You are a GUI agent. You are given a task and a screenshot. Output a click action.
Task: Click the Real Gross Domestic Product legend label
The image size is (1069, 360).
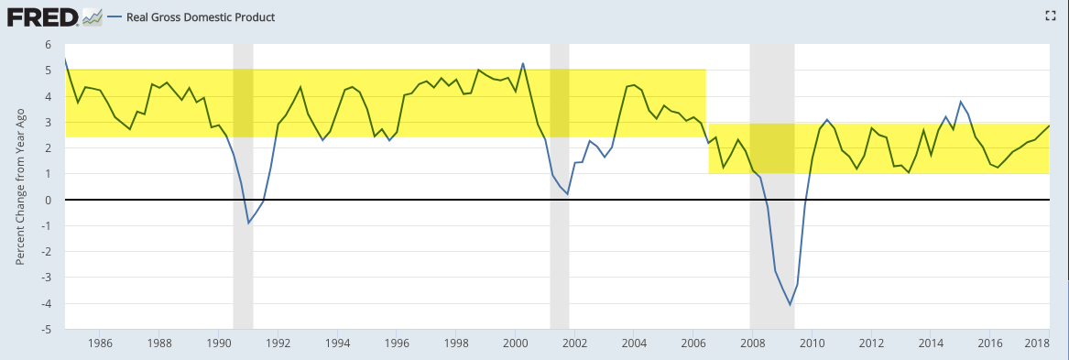202,17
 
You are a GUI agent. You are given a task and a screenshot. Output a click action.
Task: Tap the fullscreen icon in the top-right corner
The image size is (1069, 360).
1050,16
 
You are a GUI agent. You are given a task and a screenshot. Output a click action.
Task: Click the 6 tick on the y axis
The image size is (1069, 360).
49,44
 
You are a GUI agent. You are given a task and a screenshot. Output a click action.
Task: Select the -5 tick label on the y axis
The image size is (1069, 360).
47,330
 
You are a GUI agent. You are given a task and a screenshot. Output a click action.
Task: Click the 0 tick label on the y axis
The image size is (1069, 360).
49,200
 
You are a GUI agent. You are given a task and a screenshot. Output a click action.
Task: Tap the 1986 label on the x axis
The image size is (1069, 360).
100,343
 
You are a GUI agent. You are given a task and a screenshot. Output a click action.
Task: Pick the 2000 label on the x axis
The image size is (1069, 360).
516,343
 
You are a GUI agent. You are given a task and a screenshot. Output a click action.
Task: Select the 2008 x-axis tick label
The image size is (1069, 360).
753,343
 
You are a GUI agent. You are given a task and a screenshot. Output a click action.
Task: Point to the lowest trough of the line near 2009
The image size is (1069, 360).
791,305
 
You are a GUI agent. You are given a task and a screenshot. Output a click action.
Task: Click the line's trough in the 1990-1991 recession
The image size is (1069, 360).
249,223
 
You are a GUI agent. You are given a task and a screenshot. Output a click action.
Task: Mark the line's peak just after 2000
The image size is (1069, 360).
523,63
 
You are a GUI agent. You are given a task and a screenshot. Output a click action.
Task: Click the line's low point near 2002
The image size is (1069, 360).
567,194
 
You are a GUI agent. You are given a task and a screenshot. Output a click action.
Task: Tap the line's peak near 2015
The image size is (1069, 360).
961,102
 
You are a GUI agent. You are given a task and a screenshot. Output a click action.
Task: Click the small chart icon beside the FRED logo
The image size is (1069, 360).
92,17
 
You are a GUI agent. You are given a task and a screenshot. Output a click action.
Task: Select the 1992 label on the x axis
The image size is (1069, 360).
278,343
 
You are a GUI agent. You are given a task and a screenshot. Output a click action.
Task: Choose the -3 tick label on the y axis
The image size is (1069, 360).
47,278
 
